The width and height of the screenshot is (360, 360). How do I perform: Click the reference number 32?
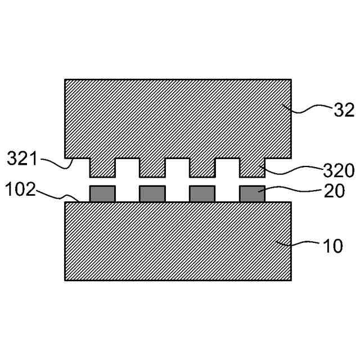(344, 110)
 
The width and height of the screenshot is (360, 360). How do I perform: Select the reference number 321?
(21, 159)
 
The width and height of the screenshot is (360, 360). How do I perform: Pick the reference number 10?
(332, 246)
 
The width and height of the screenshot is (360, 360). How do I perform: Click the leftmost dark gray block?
(102, 194)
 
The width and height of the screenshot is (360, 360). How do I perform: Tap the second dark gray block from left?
(152, 194)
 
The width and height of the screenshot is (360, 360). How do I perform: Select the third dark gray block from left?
(202, 194)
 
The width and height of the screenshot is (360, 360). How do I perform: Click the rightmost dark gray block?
(251, 194)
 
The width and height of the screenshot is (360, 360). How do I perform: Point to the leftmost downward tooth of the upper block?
(102, 167)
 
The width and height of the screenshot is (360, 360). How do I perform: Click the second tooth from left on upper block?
(152, 167)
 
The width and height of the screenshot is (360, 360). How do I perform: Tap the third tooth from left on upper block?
(202, 167)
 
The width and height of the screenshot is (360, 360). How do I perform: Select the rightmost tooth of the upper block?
(252, 167)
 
